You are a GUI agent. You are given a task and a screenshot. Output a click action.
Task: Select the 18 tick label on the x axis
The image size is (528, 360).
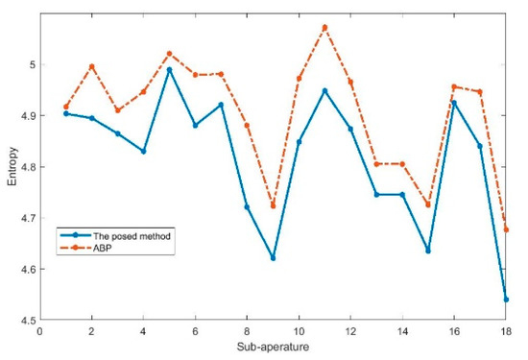(x=506, y=330)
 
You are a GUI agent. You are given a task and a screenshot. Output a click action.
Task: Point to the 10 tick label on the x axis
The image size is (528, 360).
(x=299, y=330)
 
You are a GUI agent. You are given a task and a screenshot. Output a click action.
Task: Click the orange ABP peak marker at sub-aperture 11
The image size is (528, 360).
(x=324, y=27)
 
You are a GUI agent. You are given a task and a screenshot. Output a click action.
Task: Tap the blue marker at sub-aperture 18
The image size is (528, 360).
(x=506, y=300)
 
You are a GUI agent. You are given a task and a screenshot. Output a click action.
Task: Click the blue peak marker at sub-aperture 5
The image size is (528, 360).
(x=169, y=69)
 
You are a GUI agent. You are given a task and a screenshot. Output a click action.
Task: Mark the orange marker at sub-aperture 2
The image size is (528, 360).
(x=91, y=66)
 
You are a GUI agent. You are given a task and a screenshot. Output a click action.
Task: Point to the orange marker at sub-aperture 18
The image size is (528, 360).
(x=506, y=229)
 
